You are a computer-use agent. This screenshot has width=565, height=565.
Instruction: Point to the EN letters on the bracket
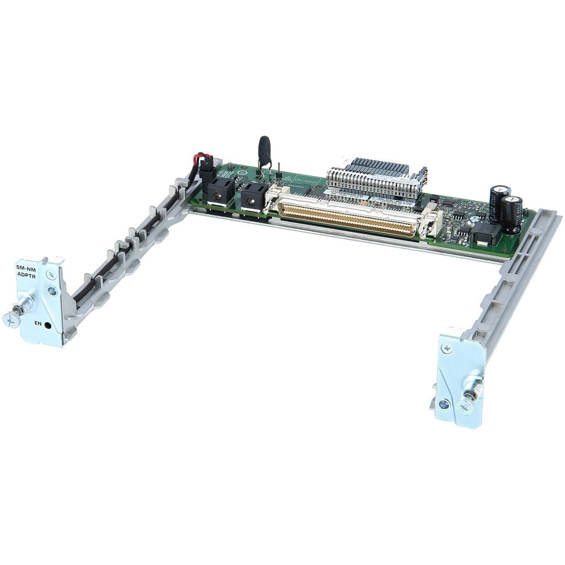38,323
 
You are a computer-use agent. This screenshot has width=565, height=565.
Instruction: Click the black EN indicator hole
47,326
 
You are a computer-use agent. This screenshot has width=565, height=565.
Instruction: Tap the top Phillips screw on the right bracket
447,349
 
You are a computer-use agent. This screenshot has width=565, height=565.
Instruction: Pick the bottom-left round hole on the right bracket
444,403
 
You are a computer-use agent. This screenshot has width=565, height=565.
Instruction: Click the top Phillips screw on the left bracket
50,274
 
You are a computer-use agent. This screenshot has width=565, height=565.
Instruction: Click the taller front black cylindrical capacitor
511,214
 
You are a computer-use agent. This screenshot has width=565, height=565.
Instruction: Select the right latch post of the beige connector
429,223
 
